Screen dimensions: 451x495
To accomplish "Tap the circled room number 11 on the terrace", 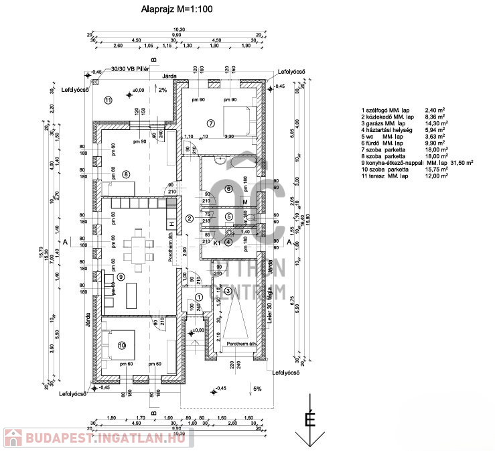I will click(107, 100).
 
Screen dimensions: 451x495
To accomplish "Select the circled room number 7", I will click(210, 123).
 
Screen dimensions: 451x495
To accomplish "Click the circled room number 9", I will click(121, 276).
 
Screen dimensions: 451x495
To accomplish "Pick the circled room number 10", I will click(121, 345).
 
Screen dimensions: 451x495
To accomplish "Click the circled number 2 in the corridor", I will click(190, 218).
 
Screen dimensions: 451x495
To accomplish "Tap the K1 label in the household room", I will click(217, 243).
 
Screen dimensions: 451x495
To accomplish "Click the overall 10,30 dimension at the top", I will click(179, 29).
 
